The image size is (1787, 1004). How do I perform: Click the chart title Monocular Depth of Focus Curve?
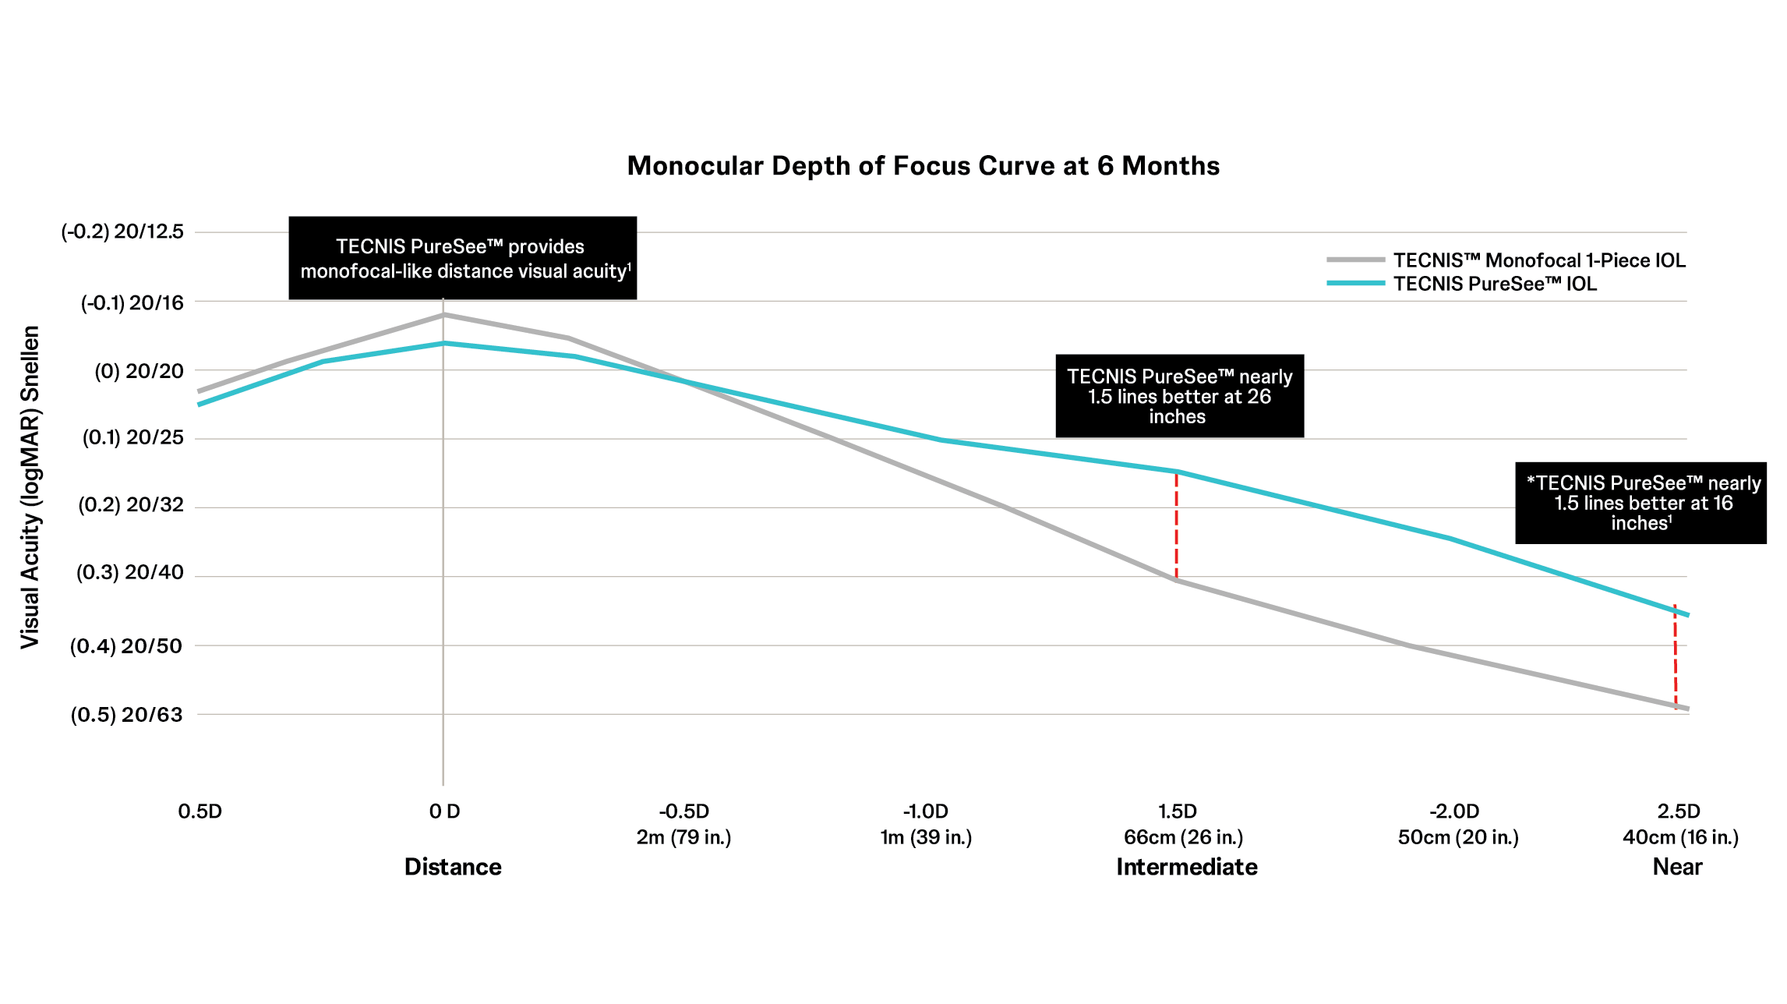pos(923,166)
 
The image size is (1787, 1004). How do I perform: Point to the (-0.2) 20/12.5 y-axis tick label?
pos(122,232)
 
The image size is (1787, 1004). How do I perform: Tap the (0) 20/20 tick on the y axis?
pos(139,371)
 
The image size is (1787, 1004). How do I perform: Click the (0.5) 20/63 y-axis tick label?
pos(126,715)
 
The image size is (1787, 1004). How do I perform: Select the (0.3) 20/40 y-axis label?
pos(129,573)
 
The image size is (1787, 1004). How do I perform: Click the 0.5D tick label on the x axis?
pos(200,811)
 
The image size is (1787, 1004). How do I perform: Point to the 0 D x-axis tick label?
pos(444,811)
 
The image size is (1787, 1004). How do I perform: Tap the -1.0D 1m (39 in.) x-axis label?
pos(926,825)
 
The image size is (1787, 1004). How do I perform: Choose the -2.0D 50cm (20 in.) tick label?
pos(1457,825)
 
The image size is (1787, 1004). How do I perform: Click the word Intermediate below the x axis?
pos(1186,867)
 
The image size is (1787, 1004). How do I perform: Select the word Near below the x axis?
pos(1677,867)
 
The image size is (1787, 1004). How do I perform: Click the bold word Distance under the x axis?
pos(453,867)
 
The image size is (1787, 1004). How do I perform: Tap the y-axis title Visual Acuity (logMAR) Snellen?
pos(30,487)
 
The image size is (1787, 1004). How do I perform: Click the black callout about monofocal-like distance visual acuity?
pos(462,258)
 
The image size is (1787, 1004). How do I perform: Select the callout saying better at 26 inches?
pos(1179,396)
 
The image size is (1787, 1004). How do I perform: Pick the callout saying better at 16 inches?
pos(1640,503)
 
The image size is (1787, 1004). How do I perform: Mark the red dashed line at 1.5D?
pos(1176,526)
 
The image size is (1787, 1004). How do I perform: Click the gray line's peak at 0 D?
pos(443,315)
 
